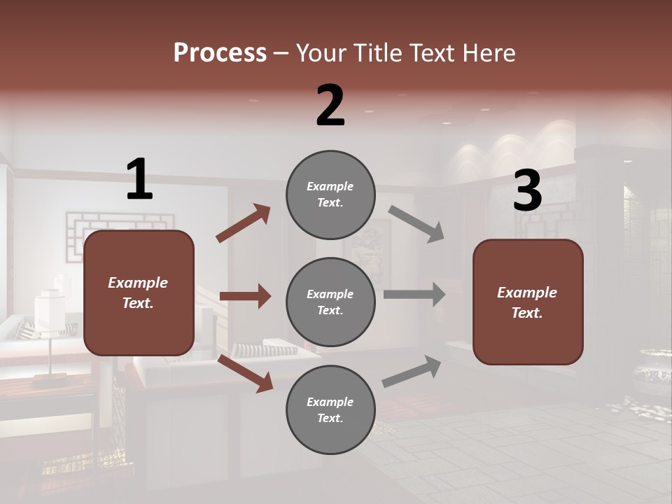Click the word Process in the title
pos(220,53)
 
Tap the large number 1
pos(139,180)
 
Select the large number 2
pos(330,106)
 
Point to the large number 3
pos(527,191)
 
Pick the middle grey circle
pos(330,302)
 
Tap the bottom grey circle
pos(330,409)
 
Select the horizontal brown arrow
pos(245,296)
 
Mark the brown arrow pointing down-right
pos(245,372)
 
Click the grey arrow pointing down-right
pos(416,224)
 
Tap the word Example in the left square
pos(138,283)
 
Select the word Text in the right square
pos(526,313)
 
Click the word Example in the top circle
pos(330,186)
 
